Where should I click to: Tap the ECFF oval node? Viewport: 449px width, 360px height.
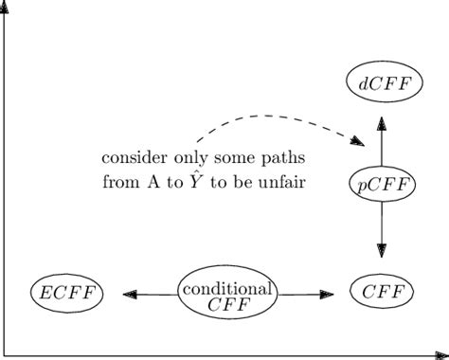pos(66,293)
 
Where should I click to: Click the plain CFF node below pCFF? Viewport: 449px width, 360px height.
pos(382,293)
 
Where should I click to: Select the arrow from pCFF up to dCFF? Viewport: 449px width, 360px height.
pos(382,142)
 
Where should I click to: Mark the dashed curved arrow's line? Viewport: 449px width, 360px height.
pos(265,117)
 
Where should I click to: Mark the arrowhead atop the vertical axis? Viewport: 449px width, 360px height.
pos(7,5)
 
